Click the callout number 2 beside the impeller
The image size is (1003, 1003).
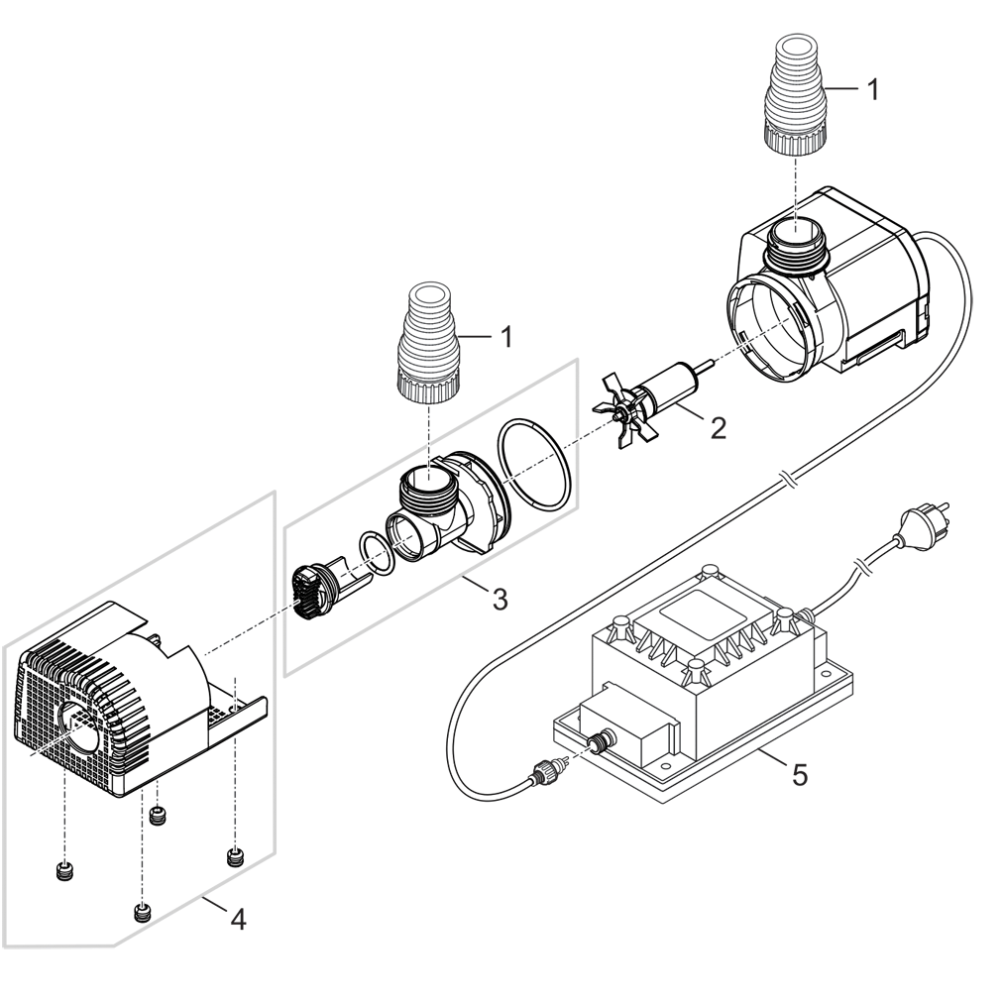click(718, 429)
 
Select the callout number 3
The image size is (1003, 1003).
click(500, 599)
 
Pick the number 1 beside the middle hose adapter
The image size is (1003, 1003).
click(505, 337)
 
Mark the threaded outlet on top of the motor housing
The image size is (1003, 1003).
click(795, 246)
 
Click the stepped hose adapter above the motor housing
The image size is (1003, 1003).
click(796, 99)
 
